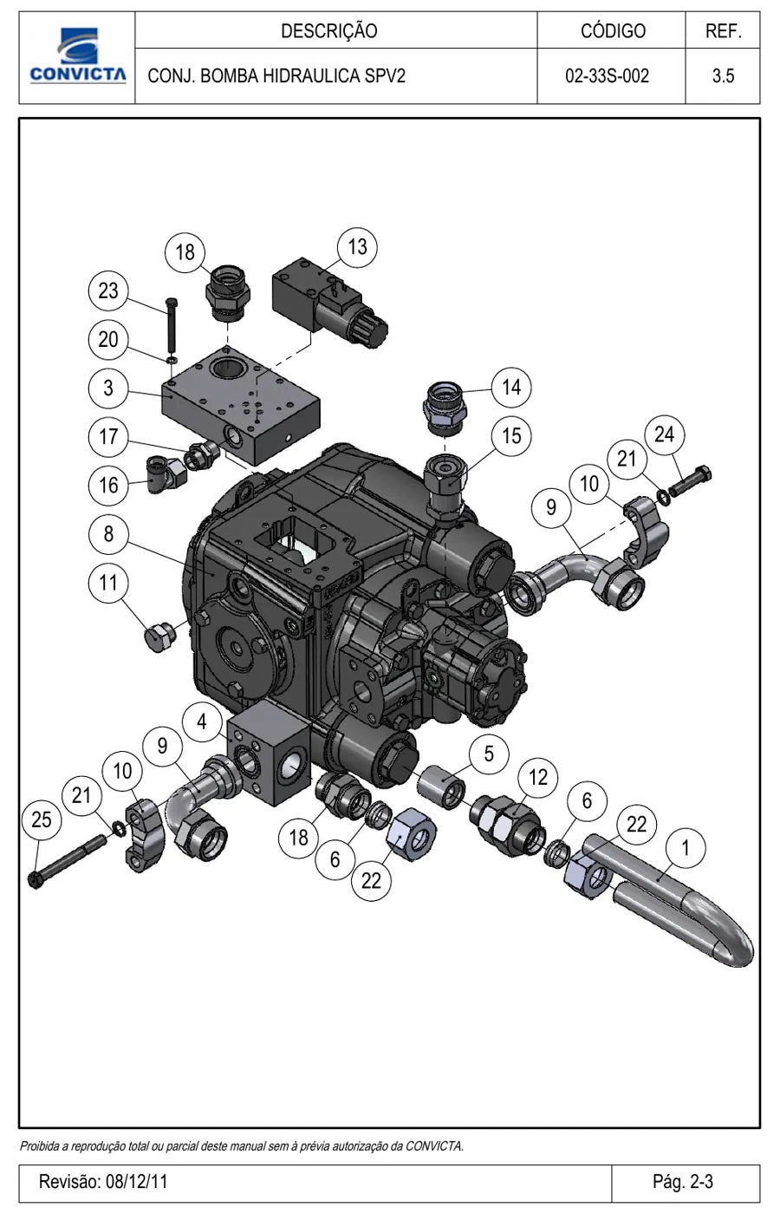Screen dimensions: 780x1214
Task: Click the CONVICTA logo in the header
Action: tap(77, 55)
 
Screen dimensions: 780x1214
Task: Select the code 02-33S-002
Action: tap(608, 76)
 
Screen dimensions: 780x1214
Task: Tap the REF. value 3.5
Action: tap(723, 76)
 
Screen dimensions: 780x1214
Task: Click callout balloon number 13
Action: tap(357, 247)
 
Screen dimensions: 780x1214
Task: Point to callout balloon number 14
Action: tap(511, 388)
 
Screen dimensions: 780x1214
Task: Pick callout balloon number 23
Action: tap(108, 290)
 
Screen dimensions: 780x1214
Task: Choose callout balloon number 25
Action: tap(42, 819)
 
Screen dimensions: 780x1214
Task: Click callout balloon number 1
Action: tap(686, 848)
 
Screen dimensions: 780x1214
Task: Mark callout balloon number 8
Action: tap(108, 534)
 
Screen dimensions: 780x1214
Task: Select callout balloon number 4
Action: tap(202, 721)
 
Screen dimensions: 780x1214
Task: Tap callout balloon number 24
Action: tap(665, 434)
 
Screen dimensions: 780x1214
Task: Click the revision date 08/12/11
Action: tap(137, 1180)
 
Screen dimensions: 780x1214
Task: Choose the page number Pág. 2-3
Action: tap(683, 1180)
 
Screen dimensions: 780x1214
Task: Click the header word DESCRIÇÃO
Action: tap(329, 31)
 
